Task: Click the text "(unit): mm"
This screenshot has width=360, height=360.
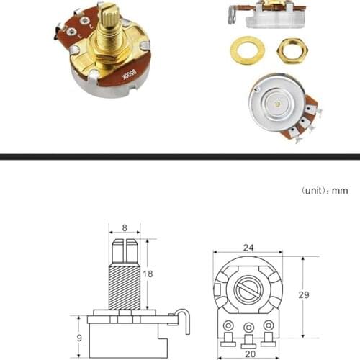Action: coord(325,191)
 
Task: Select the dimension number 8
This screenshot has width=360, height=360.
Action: coord(125,228)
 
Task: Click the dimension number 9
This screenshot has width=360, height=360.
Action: coord(78,337)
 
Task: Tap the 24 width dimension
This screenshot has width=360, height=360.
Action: coord(248,247)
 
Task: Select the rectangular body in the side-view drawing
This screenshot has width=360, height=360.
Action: coord(126,339)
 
